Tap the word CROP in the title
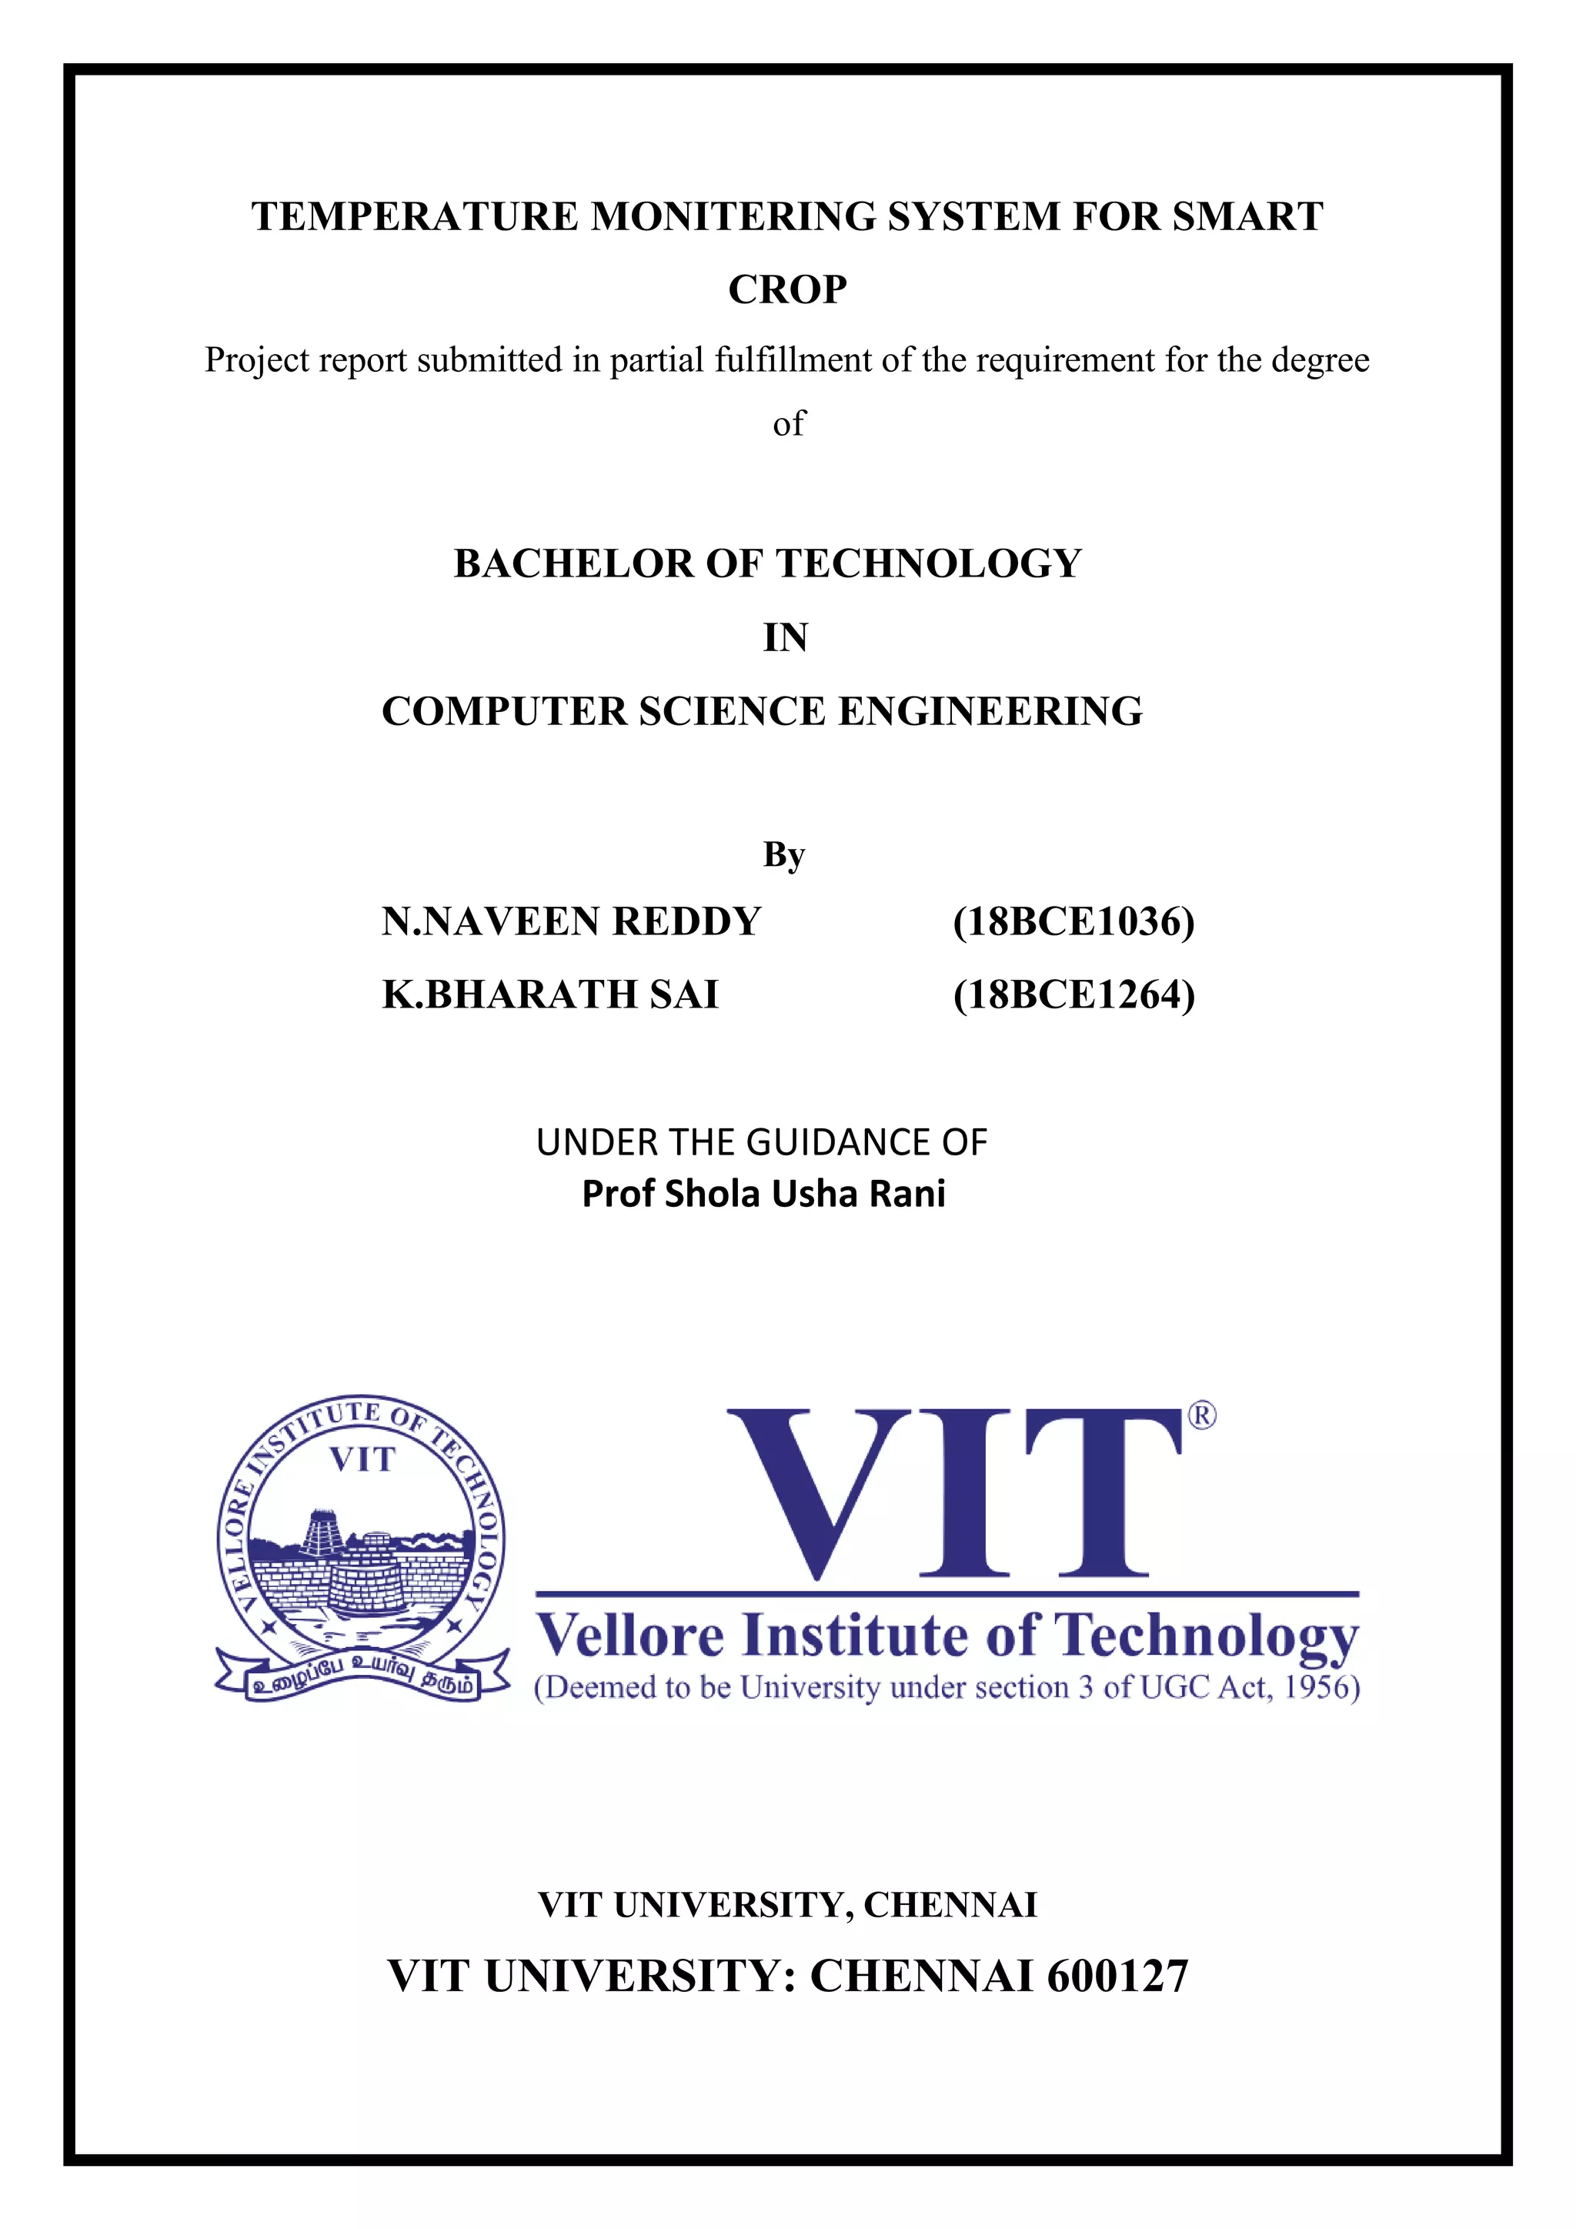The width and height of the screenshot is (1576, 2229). [x=787, y=289]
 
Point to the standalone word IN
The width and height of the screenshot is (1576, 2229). [x=785, y=638]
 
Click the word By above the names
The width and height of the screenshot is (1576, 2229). [x=784, y=854]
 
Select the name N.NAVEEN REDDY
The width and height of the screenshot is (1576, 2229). [x=571, y=921]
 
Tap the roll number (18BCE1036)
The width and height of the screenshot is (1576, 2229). [x=1073, y=921]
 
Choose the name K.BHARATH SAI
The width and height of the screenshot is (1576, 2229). [x=550, y=994]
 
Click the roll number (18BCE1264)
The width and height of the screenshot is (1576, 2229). [x=1073, y=994]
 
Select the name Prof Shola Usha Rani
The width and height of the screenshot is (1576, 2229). [x=763, y=1194]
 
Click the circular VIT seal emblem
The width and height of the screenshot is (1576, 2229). [x=361, y=1544]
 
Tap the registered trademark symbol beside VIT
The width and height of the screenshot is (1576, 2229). [x=1201, y=1416]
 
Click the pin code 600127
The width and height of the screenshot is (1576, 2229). [x=1117, y=1977]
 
